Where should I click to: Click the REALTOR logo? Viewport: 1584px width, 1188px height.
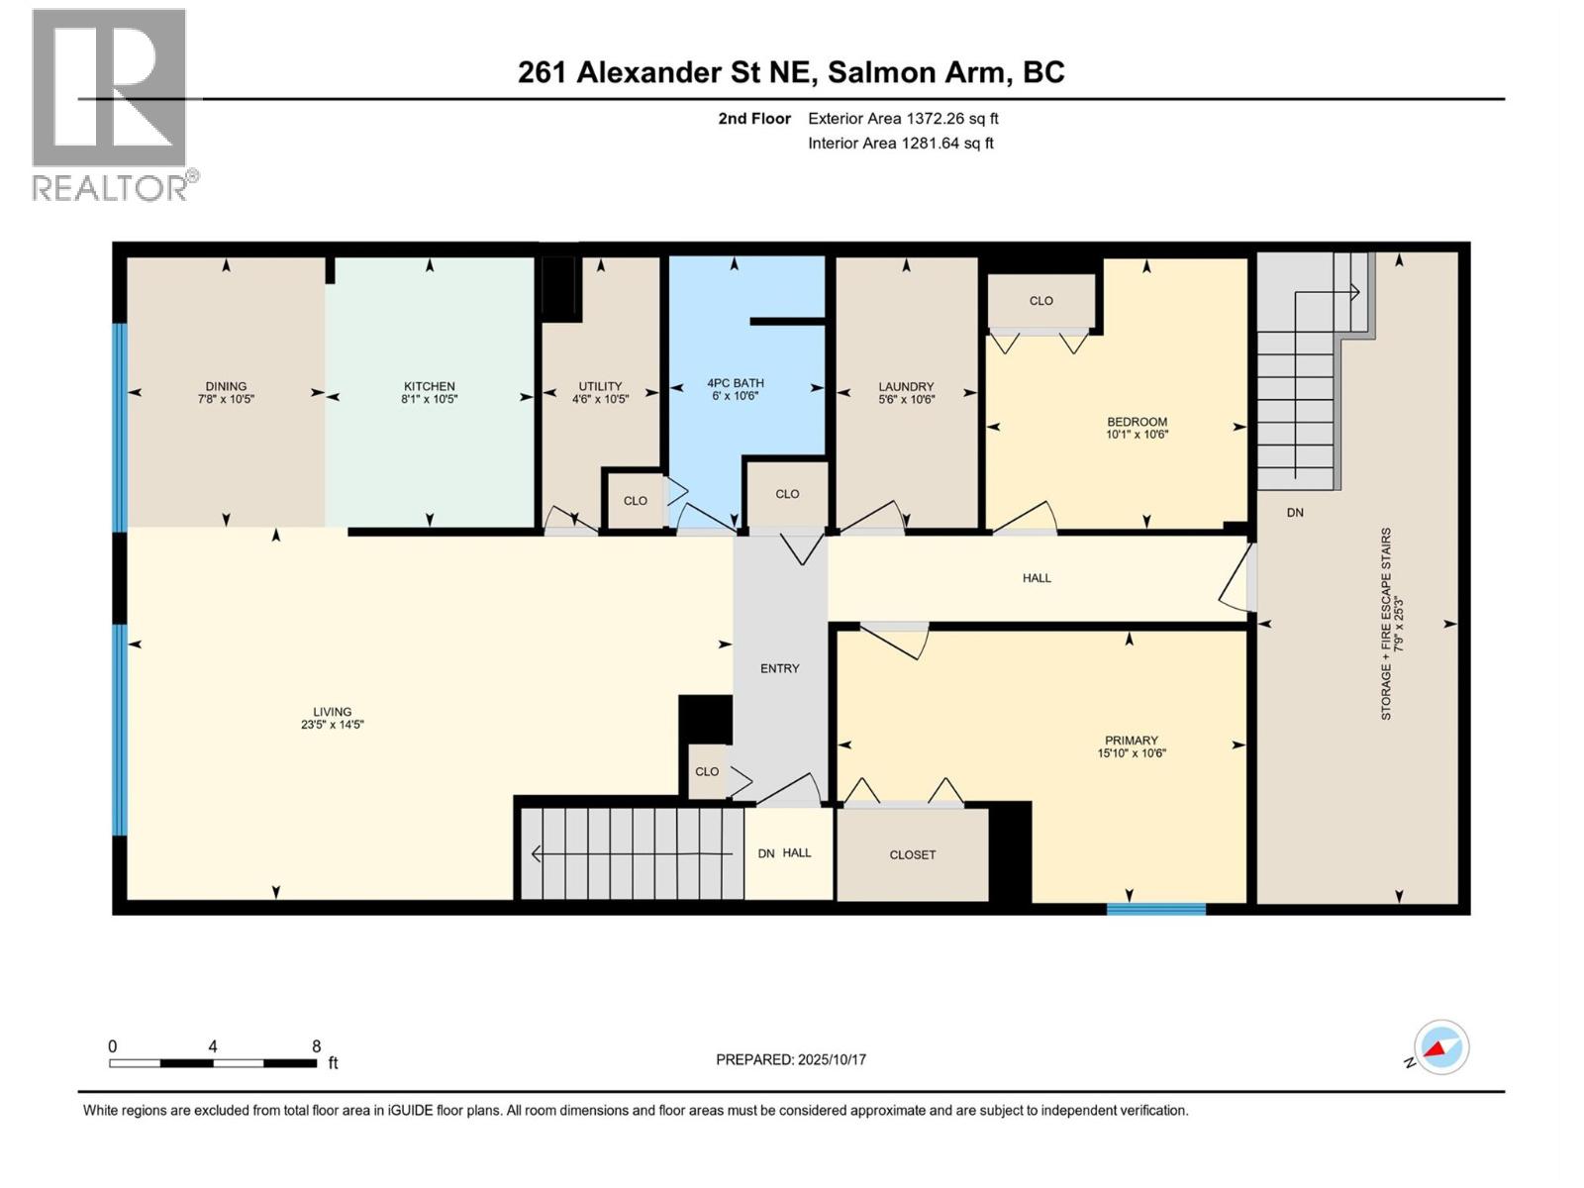[x=110, y=104]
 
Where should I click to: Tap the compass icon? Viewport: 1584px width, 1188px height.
[x=1441, y=1047]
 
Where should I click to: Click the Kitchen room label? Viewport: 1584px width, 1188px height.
[x=429, y=386]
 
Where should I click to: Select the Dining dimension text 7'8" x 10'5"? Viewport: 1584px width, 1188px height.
[x=226, y=400]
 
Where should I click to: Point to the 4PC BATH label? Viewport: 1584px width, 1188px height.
[x=735, y=383]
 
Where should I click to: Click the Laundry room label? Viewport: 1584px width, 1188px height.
[x=906, y=387]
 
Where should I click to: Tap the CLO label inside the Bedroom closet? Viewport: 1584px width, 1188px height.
[x=1040, y=301]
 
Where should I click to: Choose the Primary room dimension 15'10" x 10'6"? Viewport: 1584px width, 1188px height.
[x=1131, y=753]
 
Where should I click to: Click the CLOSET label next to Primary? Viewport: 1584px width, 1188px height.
[x=912, y=854]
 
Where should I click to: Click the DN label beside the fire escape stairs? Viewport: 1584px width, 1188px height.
[x=1295, y=513]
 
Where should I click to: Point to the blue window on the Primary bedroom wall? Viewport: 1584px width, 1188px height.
[x=1155, y=908]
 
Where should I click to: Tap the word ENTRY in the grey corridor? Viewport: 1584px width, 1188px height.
[x=779, y=668]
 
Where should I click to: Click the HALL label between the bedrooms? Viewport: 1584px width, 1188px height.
[x=1037, y=578]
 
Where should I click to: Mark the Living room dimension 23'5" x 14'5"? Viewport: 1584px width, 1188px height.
[x=332, y=725]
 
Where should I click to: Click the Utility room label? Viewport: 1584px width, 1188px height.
[x=600, y=387]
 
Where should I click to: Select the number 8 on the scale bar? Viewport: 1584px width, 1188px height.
[x=316, y=1046]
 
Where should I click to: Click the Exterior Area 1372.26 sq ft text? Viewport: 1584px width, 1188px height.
[x=903, y=119]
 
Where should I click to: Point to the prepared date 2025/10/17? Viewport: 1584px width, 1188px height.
[x=831, y=1059]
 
